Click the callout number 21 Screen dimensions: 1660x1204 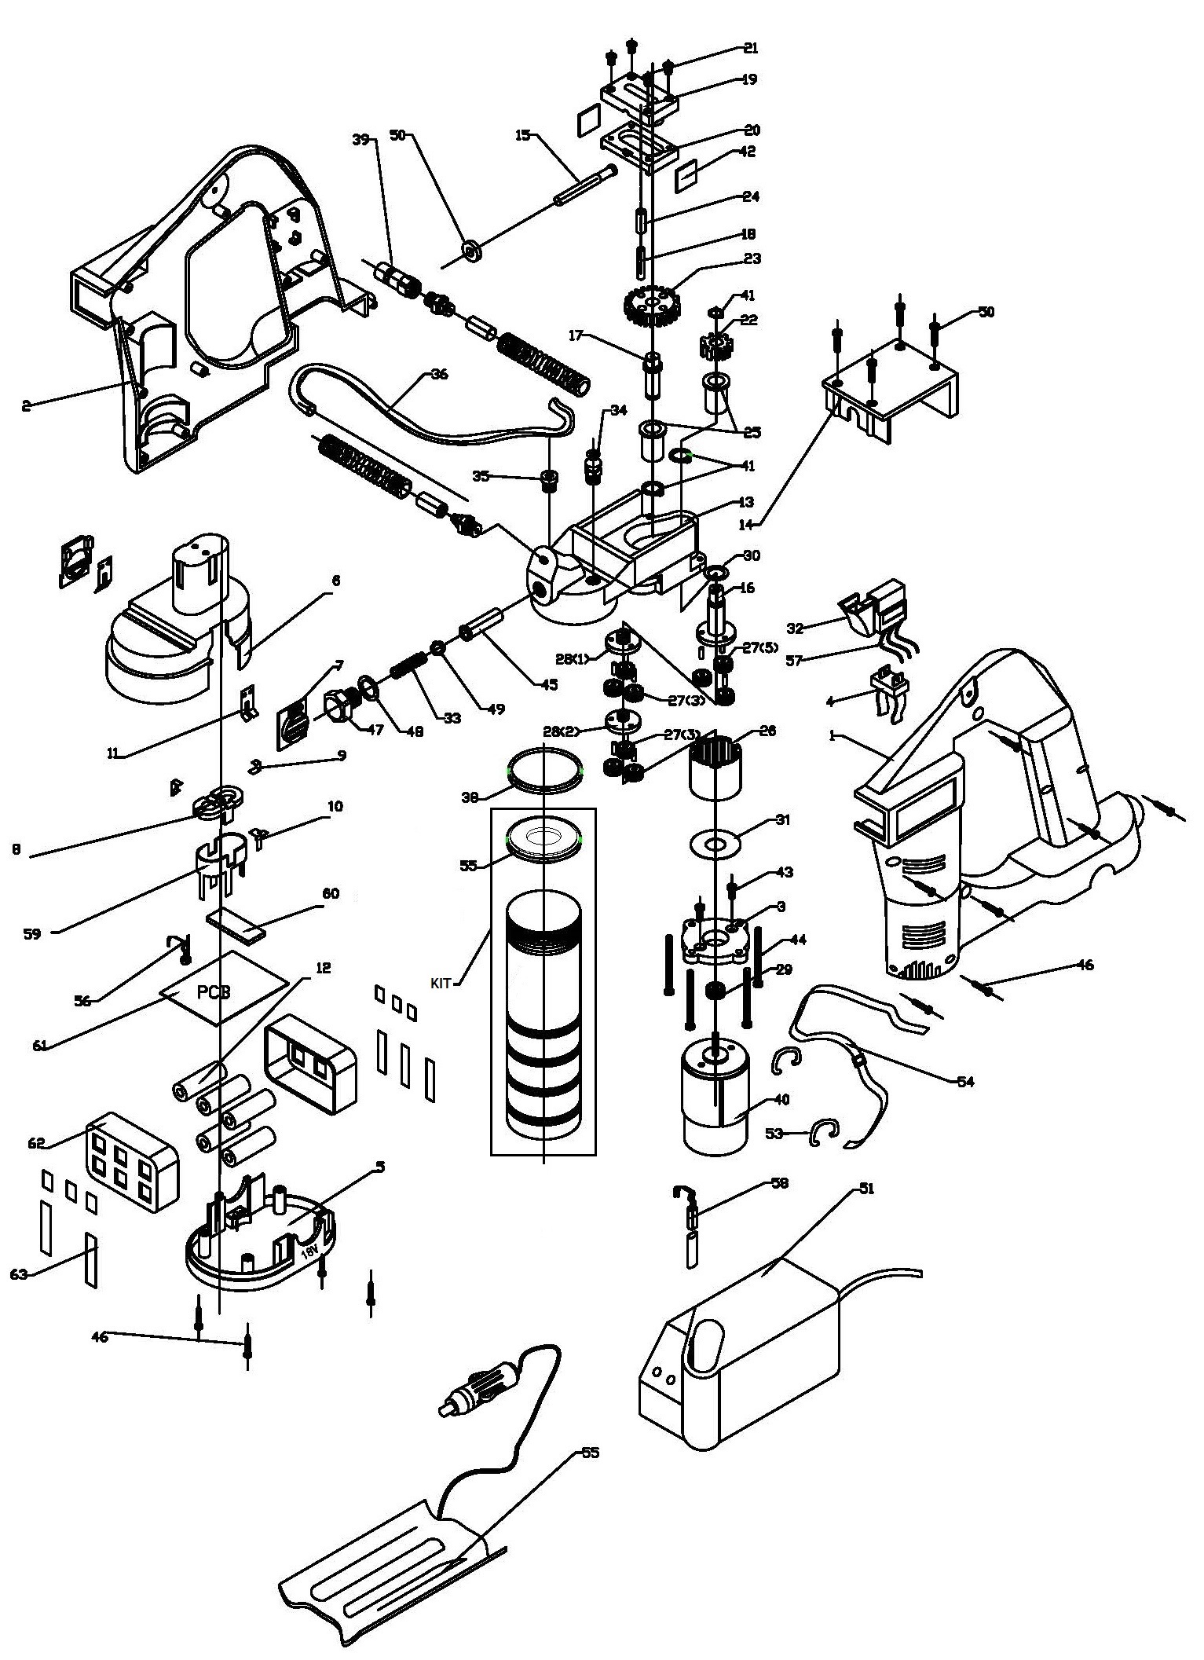tap(750, 48)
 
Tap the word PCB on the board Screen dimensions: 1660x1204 tap(214, 992)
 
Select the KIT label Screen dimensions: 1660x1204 tap(441, 982)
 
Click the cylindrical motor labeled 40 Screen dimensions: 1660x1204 tap(714, 1100)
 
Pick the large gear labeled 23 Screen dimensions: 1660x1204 tap(650, 304)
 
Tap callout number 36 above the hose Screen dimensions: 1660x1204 tap(439, 374)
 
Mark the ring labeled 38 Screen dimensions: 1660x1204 tap(547, 767)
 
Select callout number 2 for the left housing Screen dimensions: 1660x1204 tap(26, 405)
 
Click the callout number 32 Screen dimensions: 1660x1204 tap(796, 628)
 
